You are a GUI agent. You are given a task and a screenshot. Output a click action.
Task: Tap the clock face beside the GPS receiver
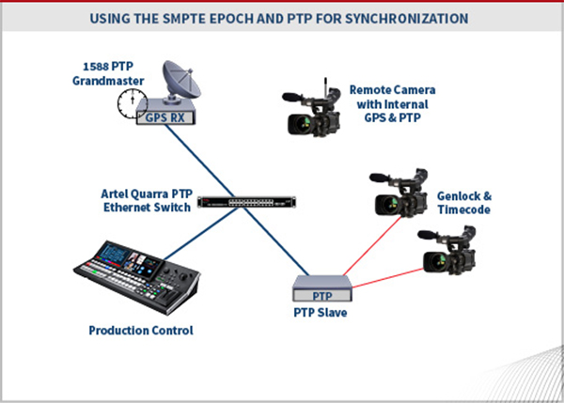[132, 103]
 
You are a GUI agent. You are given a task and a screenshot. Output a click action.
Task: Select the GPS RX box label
[165, 117]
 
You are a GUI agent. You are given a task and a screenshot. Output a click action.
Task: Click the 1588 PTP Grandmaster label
[108, 73]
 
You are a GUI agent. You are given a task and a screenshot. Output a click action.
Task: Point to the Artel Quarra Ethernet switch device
[246, 202]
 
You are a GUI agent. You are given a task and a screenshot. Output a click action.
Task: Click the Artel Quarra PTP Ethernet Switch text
[147, 201]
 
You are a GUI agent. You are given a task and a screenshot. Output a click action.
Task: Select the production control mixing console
[136, 277]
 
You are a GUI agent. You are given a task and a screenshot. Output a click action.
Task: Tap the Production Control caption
[141, 330]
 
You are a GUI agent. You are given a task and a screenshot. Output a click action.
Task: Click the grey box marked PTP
[321, 288]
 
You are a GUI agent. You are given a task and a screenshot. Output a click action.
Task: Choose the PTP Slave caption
[321, 313]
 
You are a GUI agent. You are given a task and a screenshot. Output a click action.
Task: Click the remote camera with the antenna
[311, 109]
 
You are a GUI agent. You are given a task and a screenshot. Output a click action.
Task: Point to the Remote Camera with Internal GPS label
[392, 104]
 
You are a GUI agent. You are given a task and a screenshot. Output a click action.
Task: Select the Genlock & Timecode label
[464, 203]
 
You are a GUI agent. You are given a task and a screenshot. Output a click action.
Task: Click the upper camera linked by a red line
[399, 194]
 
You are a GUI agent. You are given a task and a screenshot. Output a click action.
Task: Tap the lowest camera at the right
[447, 251]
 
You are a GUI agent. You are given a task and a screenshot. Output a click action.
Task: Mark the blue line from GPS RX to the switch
[200, 161]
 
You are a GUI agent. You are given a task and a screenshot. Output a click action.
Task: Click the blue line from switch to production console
[201, 233]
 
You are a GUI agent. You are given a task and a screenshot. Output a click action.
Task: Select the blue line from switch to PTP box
[276, 241]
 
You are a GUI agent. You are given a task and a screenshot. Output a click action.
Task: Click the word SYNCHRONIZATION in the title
[407, 19]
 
